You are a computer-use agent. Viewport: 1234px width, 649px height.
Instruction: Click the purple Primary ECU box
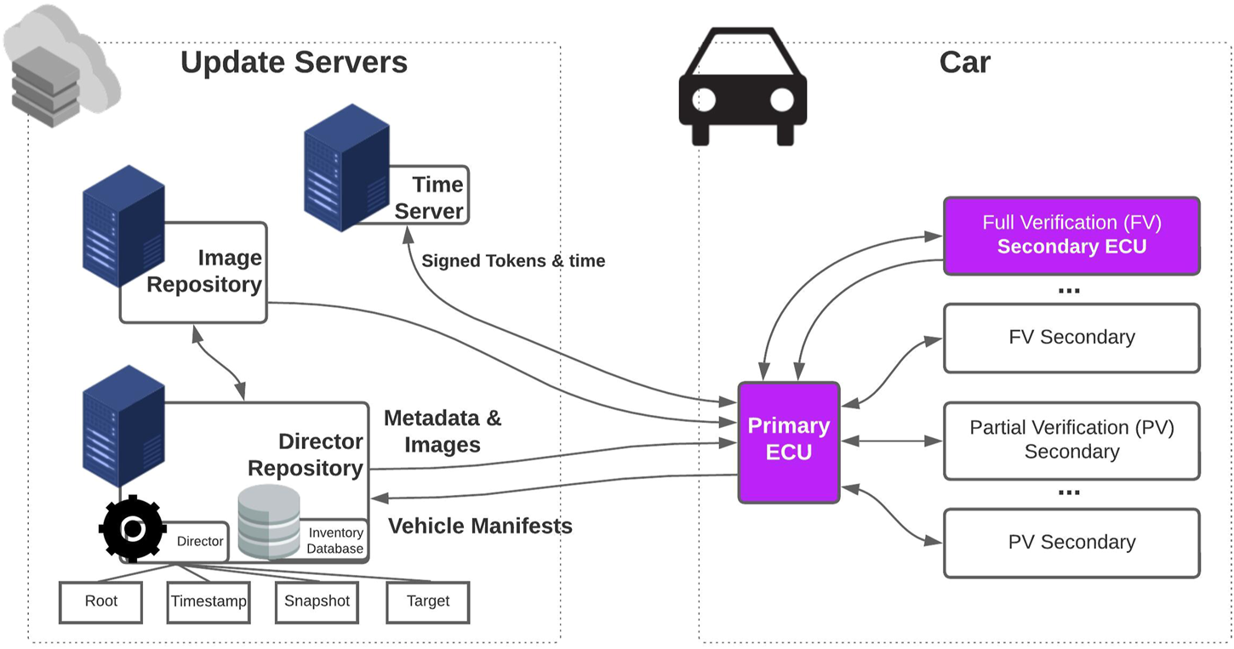(x=788, y=441)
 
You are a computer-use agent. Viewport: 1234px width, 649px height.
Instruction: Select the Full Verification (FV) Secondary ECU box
(x=1071, y=235)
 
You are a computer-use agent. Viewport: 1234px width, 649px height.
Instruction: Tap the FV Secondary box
(x=1071, y=338)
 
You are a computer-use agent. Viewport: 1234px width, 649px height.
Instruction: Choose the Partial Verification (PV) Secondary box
(x=1071, y=440)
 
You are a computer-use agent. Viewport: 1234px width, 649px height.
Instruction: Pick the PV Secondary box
(x=1071, y=543)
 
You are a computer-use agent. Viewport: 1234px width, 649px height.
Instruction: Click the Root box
(x=100, y=601)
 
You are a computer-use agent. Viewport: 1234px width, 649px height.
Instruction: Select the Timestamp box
(x=209, y=601)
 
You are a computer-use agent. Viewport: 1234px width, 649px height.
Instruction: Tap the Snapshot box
(x=317, y=601)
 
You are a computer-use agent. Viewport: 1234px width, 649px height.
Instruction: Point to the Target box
(x=427, y=601)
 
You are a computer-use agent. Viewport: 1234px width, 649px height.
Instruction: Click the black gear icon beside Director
(x=132, y=529)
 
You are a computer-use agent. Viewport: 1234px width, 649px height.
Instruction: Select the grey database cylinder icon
(x=269, y=521)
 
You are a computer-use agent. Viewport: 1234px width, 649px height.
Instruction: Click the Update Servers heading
(x=294, y=62)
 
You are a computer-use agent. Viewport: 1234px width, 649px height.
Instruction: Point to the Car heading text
(x=964, y=62)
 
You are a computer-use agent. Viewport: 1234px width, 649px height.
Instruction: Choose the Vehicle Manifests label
(x=480, y=527)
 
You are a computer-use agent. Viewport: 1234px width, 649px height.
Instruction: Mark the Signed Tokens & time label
(x=513, y=261)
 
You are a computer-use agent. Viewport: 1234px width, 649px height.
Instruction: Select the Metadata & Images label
(x=443, y=431)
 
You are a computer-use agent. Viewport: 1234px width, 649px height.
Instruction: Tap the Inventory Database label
(x=335, y=541)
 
